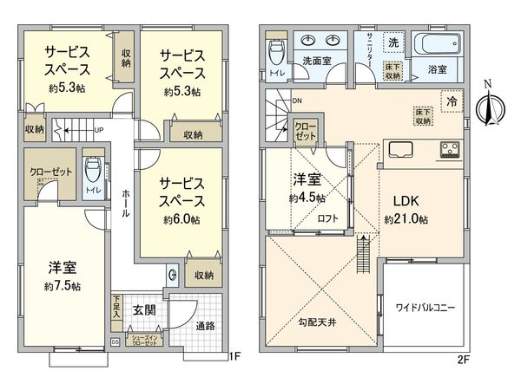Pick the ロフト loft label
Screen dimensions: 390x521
point(327,219)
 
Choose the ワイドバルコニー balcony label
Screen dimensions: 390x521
point(425,307)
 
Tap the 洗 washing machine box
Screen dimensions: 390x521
point(393,42)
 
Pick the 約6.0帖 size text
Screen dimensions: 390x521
point(181,220)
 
